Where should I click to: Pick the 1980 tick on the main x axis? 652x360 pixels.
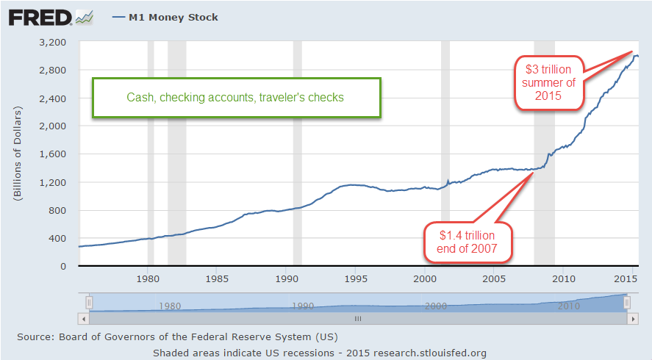[x=148, y=279]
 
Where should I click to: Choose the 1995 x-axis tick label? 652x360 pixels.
[x=355, y=279]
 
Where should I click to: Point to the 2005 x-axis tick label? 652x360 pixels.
[x=494, y=279]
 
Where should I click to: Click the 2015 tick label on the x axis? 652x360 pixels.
[x=626, y=279]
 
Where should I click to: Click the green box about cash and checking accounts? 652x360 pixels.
[x=235, y=97]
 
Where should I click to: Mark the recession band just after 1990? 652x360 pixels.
[x=298, y=154]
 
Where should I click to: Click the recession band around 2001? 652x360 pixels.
[x=445, y=154]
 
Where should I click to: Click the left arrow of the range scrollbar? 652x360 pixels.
[x=83, y=319]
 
